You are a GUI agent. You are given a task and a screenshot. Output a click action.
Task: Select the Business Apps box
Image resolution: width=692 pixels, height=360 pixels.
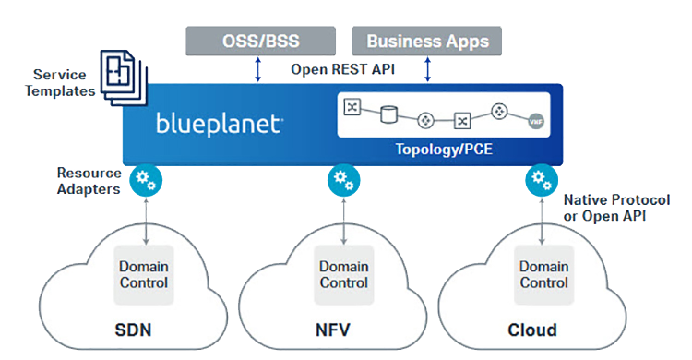point(426,41)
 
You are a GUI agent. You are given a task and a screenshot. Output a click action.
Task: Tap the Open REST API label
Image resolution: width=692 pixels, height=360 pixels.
point(342,69)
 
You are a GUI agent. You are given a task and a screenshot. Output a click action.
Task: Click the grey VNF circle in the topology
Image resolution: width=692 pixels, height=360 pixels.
point(534,120)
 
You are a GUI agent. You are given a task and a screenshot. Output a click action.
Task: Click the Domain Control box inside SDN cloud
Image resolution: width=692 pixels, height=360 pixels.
point(144,274)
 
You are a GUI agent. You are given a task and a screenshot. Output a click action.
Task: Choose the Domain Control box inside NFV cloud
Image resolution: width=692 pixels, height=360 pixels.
point(341,274)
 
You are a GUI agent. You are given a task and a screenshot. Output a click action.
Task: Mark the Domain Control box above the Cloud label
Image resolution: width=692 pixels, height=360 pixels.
point(543,274)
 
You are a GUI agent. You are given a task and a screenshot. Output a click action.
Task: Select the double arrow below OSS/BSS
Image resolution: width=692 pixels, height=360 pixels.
point(259,69)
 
